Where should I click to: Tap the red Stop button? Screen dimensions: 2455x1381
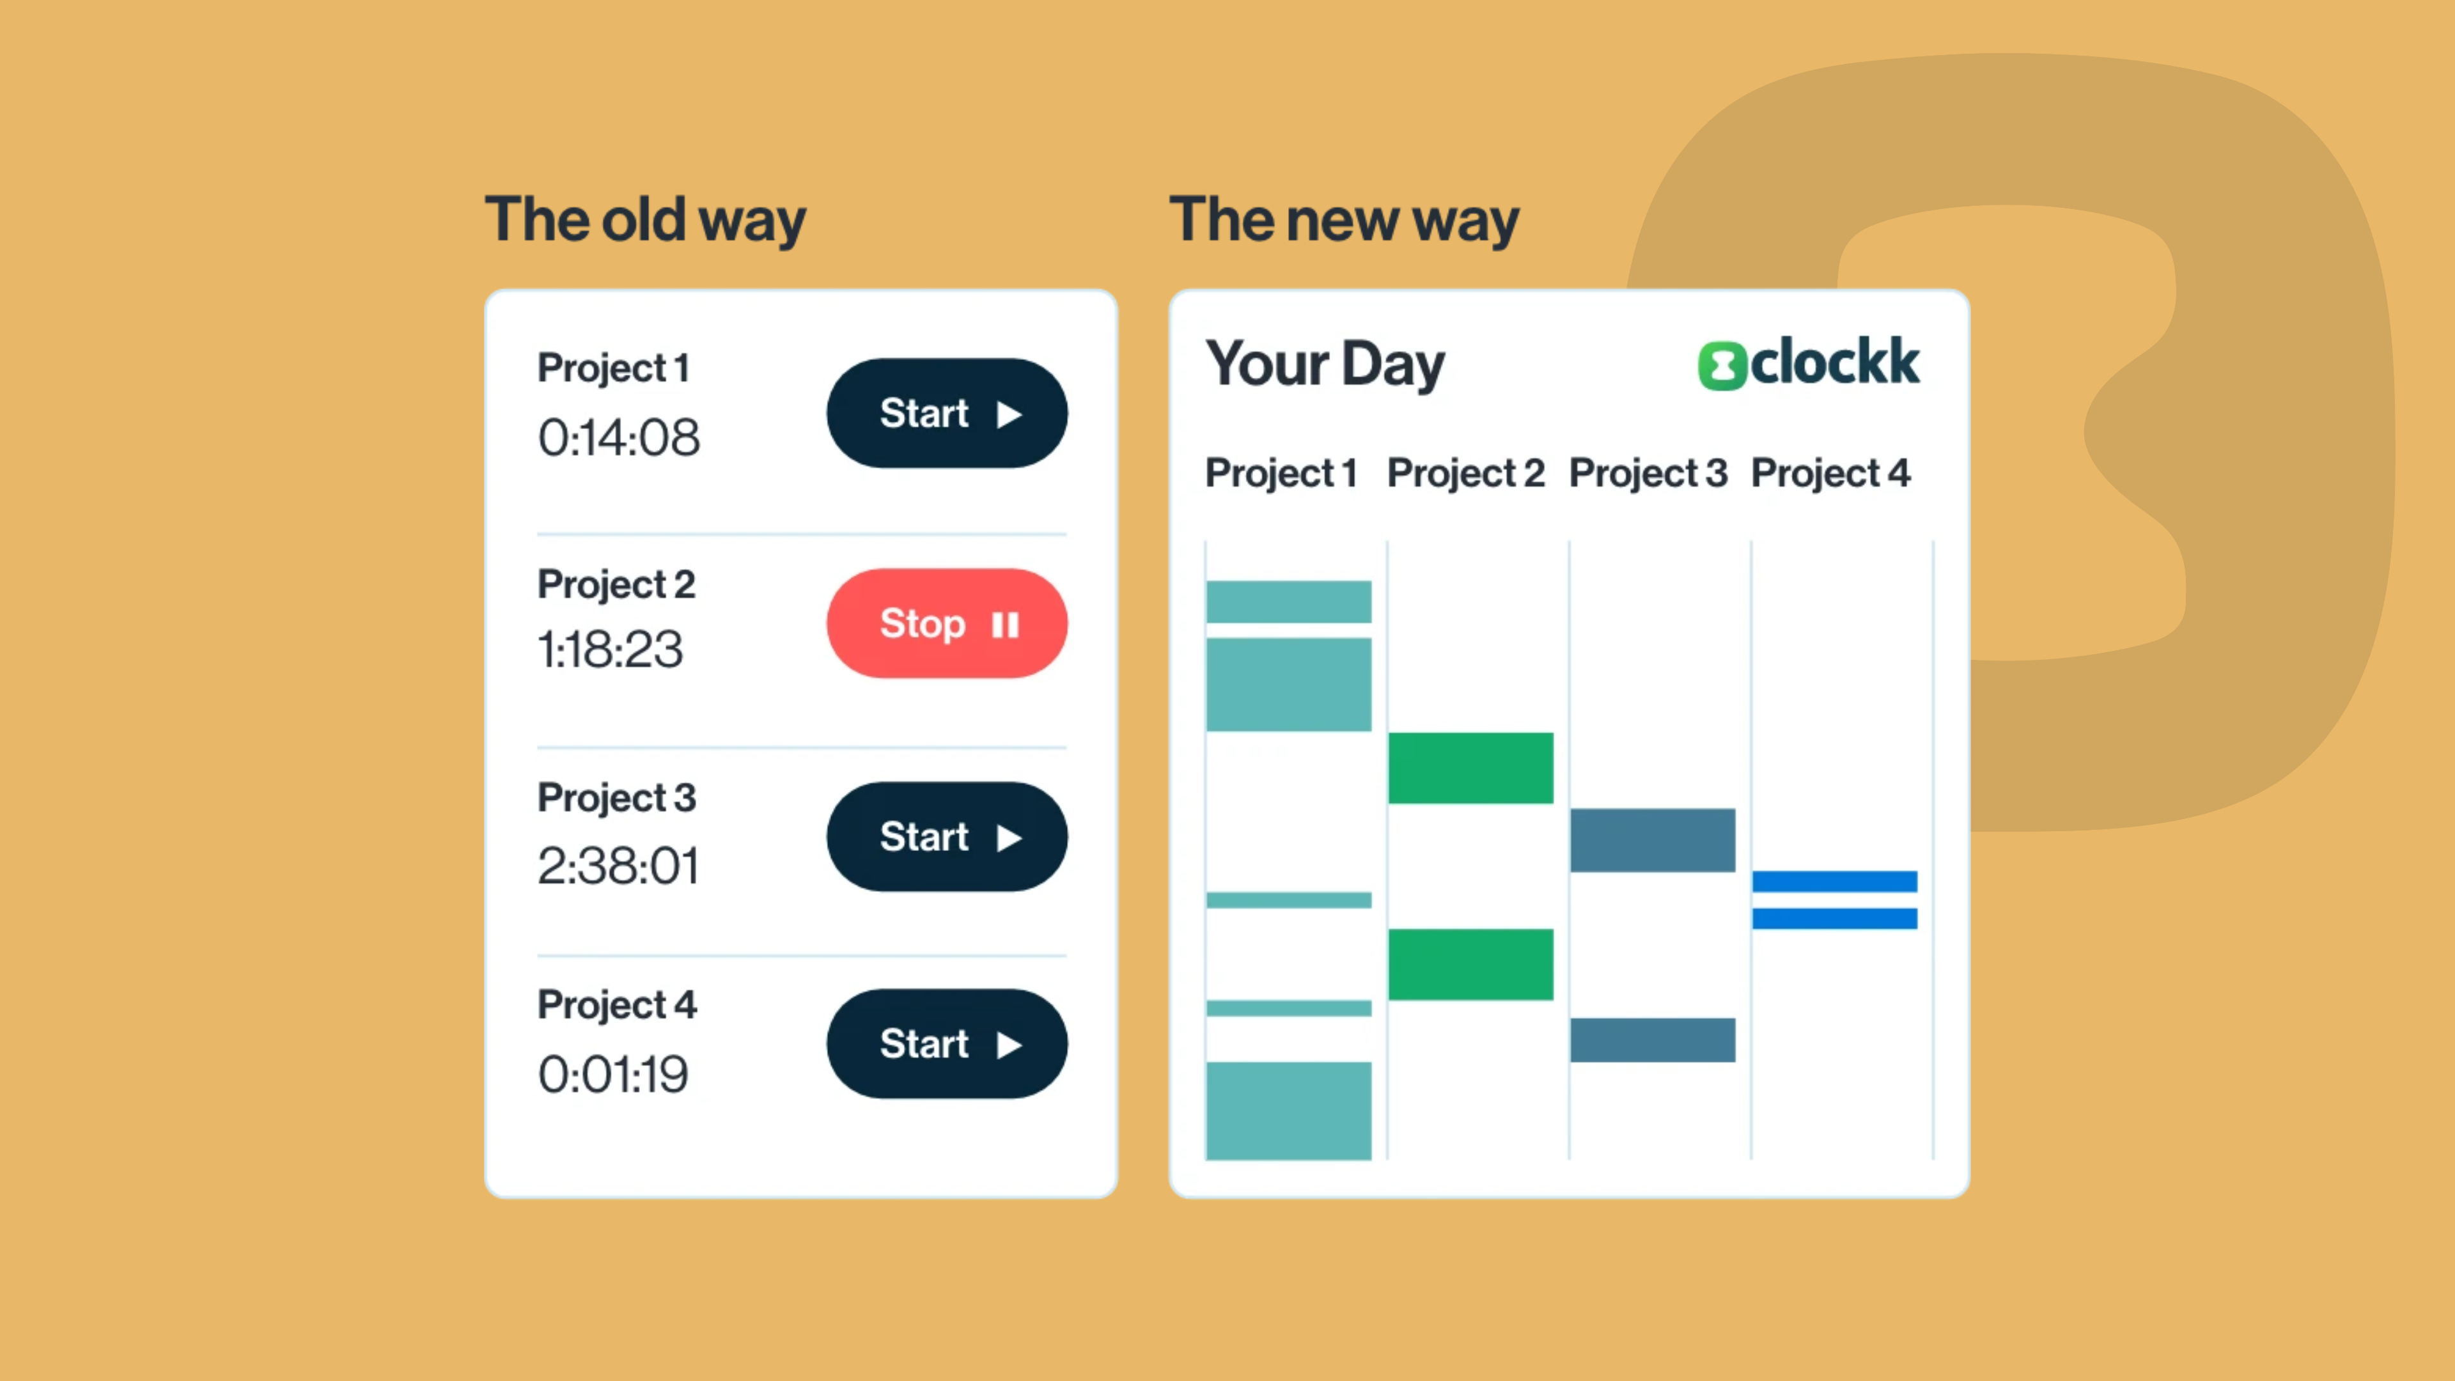point(946,623)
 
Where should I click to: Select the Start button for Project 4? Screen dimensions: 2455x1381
point(946,1043)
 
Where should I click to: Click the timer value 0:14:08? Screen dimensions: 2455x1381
point(618,437)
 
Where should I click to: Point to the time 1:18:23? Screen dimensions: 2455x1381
point(610,649)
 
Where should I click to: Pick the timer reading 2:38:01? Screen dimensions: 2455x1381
point(618,866)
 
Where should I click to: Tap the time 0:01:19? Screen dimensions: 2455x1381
point(613,1074)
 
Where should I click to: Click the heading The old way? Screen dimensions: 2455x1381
point(645,220)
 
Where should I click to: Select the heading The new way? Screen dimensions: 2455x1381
point(1344,220)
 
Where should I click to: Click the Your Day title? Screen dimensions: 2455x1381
point(1325,364)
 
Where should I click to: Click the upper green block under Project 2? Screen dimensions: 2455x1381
point(1470,768)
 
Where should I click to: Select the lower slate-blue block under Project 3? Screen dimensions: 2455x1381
point(1653,1040)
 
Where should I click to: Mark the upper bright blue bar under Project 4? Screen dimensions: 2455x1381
point(1835,882)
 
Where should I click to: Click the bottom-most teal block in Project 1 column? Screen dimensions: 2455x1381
point(1288,1111)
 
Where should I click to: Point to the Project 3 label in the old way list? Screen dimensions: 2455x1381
point(616,799)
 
